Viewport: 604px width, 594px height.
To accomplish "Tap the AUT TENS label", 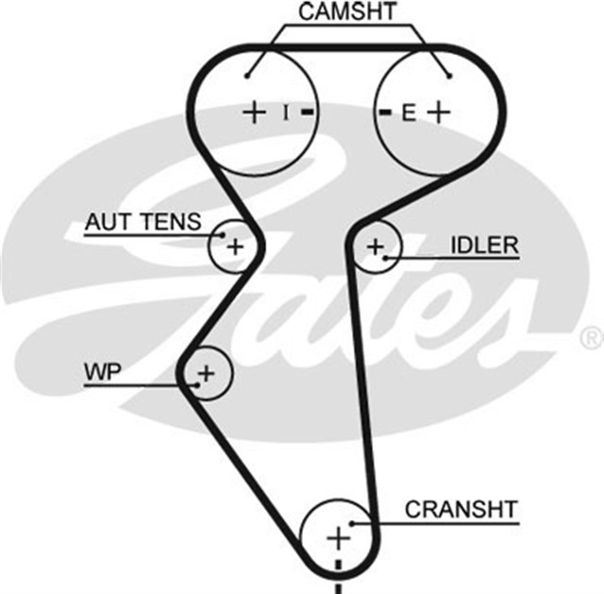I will [x=143, y=223].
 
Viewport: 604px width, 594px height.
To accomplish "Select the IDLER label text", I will [x=484, y=246].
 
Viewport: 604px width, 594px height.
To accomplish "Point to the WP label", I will [x=103, y=372].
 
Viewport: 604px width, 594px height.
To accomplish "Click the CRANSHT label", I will [x=461, y=510].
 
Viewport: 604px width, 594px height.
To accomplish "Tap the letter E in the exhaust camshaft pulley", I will [x=408, y=113].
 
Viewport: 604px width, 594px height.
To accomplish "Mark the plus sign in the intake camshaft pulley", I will [x=254, y=112].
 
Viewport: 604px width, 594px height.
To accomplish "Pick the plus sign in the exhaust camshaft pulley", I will [x=437, y=112].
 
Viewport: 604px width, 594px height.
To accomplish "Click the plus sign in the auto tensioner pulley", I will [x=235, y=248].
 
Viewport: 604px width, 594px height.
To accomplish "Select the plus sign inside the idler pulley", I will [x=376, y=247].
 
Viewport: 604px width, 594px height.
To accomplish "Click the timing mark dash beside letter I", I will [x=308, y=112].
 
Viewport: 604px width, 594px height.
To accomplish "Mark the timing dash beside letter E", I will [x=384, y=112].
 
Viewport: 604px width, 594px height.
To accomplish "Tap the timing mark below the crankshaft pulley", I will [x=337, y=578].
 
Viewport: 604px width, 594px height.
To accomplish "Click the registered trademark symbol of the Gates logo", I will [x=591, y=335].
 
